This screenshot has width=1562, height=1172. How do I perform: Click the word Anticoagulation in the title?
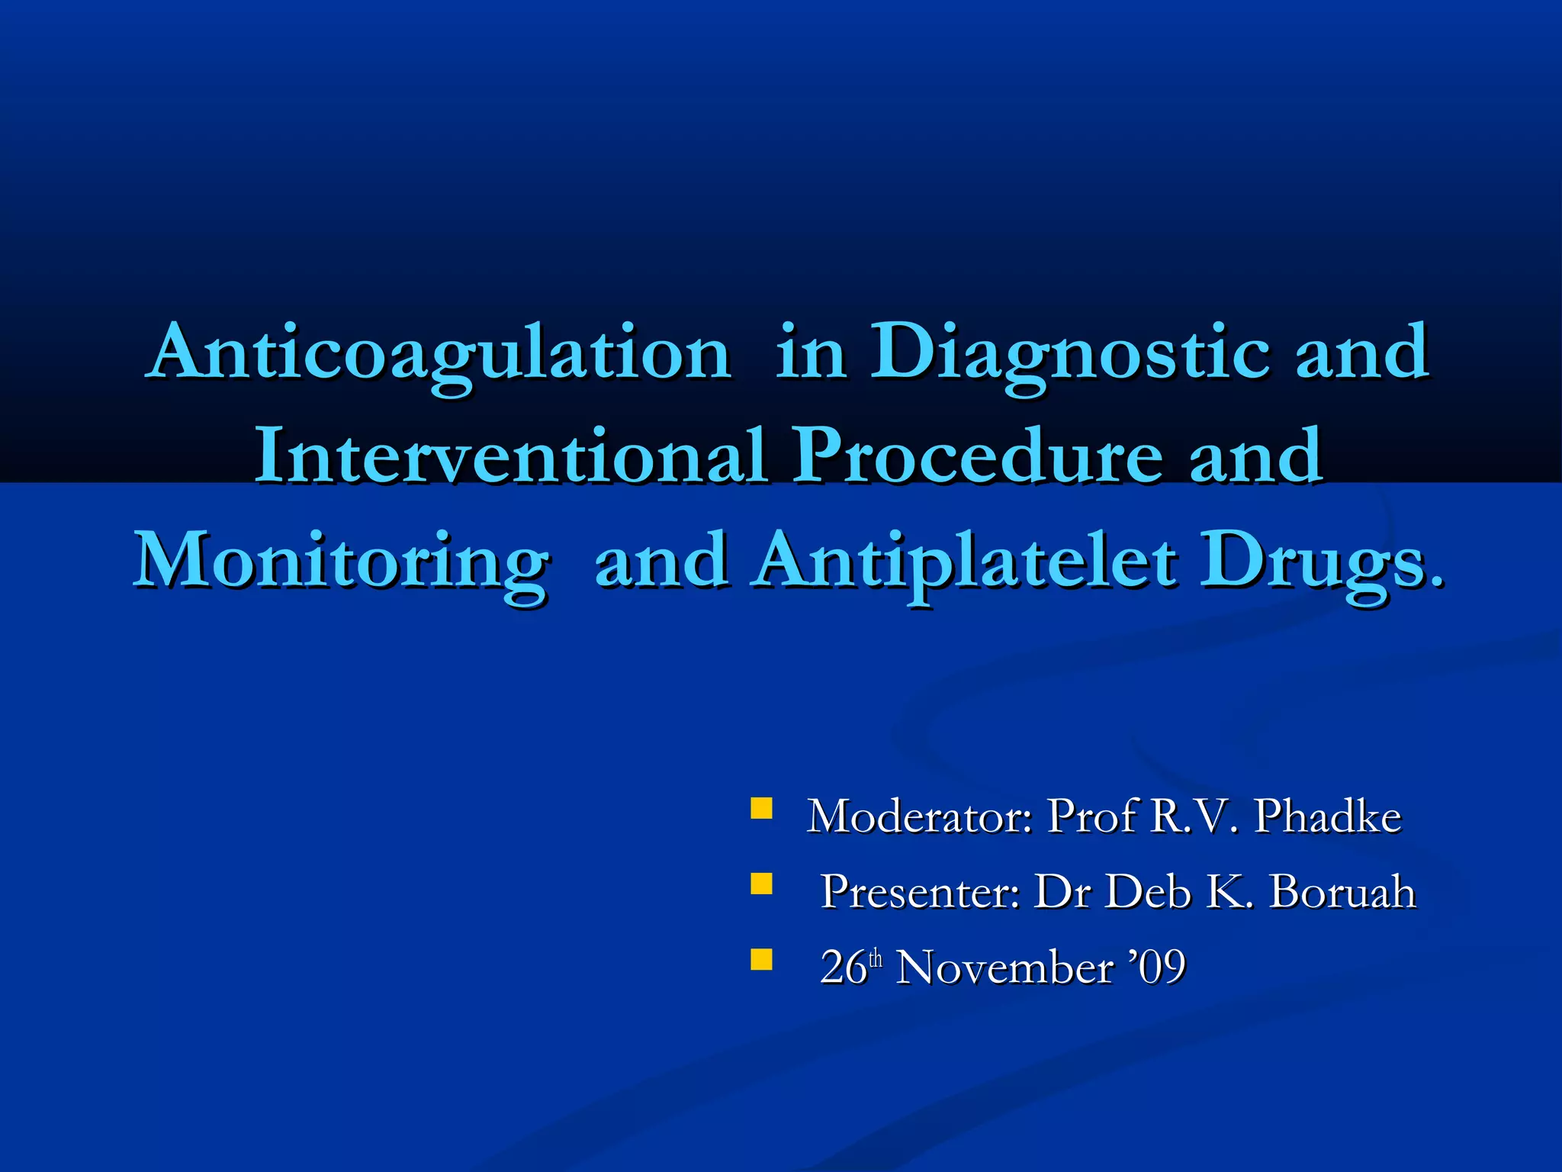441,353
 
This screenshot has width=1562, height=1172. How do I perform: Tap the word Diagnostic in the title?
1070,353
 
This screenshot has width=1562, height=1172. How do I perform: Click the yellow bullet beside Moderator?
761,808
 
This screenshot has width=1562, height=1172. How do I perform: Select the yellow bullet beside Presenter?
761,884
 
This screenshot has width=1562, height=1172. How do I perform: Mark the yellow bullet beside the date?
761,959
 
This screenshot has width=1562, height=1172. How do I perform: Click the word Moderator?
920,816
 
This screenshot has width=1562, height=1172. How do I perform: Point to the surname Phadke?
1328,816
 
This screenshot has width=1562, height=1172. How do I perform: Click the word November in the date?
1004,968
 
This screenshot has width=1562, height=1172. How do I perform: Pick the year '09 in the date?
1159,968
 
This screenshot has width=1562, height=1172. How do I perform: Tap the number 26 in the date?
844,968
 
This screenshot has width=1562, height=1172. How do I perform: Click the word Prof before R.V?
1093,816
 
